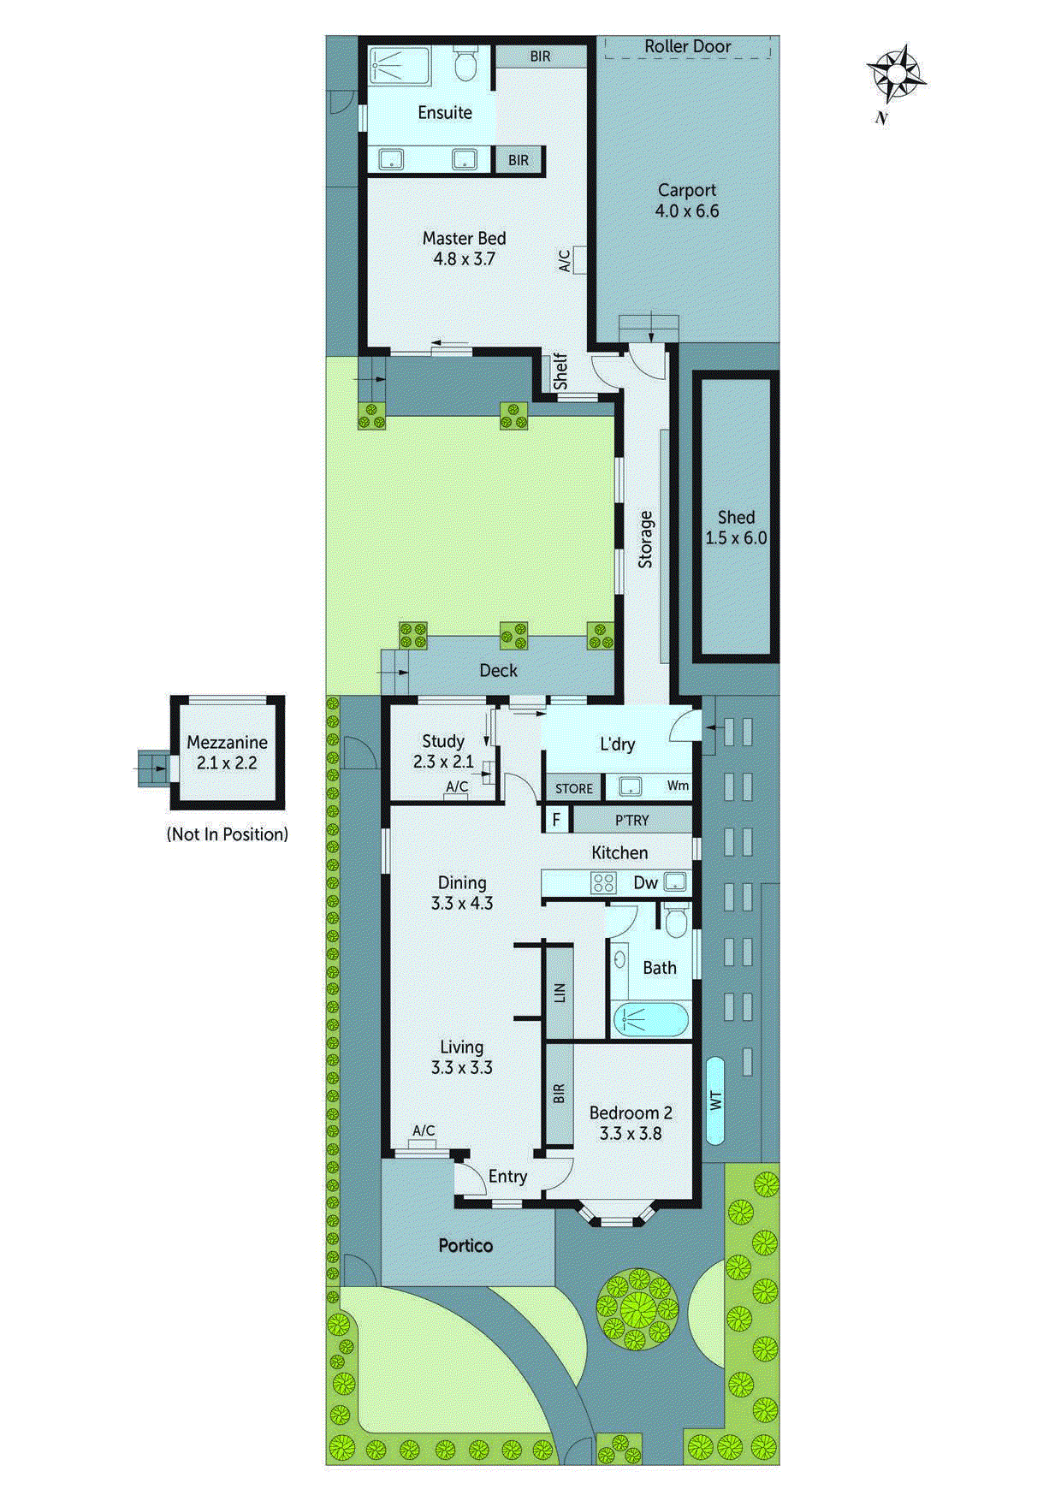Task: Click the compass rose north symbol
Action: click(896, 75)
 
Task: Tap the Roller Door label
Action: click(687, 46)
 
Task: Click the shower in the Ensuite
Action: click(400, 65)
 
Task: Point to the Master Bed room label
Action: click(464, 248)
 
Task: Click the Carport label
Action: click(686, 200)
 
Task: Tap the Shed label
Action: click(736, 527)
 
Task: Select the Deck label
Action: click(498, 671)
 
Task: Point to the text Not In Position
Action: click(227, 834)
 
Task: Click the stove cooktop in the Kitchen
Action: click(603, 883)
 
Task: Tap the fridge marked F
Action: click(556, 820)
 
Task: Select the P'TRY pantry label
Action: click(631, 820)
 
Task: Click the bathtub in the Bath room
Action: click(650, 1019)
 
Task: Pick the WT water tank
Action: click(715, 1101)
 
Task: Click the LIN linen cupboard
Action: click(560, 993)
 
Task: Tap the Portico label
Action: click(465, 1245)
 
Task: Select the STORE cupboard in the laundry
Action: click(573, 788)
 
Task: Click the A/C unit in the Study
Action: click(456, 796)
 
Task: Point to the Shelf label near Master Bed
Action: click(560, 372)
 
